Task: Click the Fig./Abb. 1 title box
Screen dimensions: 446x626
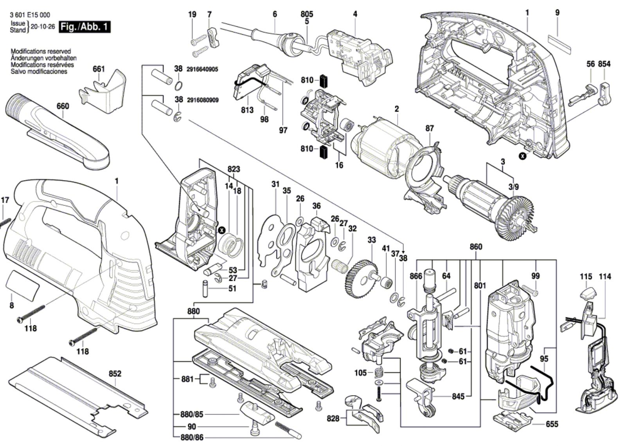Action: [x=84, y=27]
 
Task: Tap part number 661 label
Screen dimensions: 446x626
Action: [x=99, y=69]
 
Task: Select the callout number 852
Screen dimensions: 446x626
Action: [x=115, y=374]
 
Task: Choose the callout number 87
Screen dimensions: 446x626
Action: [x=430, y=128]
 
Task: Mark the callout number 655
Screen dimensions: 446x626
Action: [x=552, y=424]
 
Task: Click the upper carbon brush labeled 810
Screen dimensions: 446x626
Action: [x=324, y=80]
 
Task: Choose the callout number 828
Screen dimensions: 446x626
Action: [x=333, y=419]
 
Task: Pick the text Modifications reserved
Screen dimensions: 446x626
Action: [x=41, y=51]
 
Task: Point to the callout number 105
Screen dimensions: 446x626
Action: [x=361, y=372]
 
